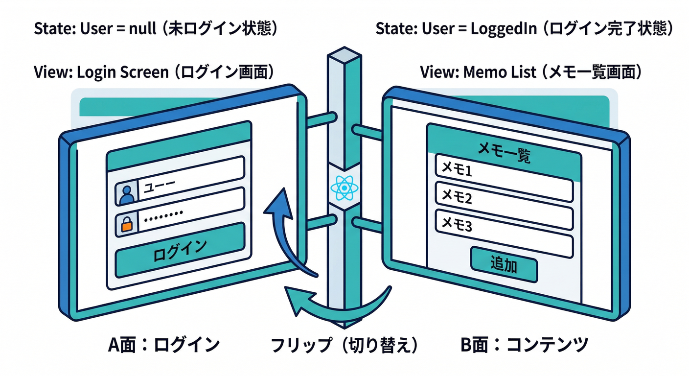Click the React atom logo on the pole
click(x=345, y=188)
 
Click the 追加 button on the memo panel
click(x=504, y=264)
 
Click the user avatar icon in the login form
click(x=126, y=194)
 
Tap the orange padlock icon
click(x=126, y=224)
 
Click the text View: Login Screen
click(x=100, y=72)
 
